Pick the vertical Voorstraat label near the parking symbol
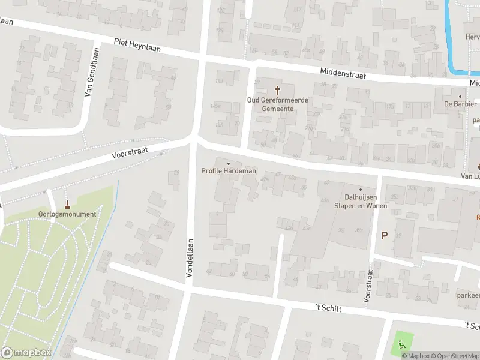368,285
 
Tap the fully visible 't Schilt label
329,308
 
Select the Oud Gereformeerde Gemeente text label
278,104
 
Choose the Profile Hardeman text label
229,171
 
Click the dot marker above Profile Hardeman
229,163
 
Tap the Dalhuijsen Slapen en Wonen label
361,201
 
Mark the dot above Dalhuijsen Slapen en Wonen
361,190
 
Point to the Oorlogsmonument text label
67,214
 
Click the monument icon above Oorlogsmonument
67,204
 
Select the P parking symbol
383,235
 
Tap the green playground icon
400,345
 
